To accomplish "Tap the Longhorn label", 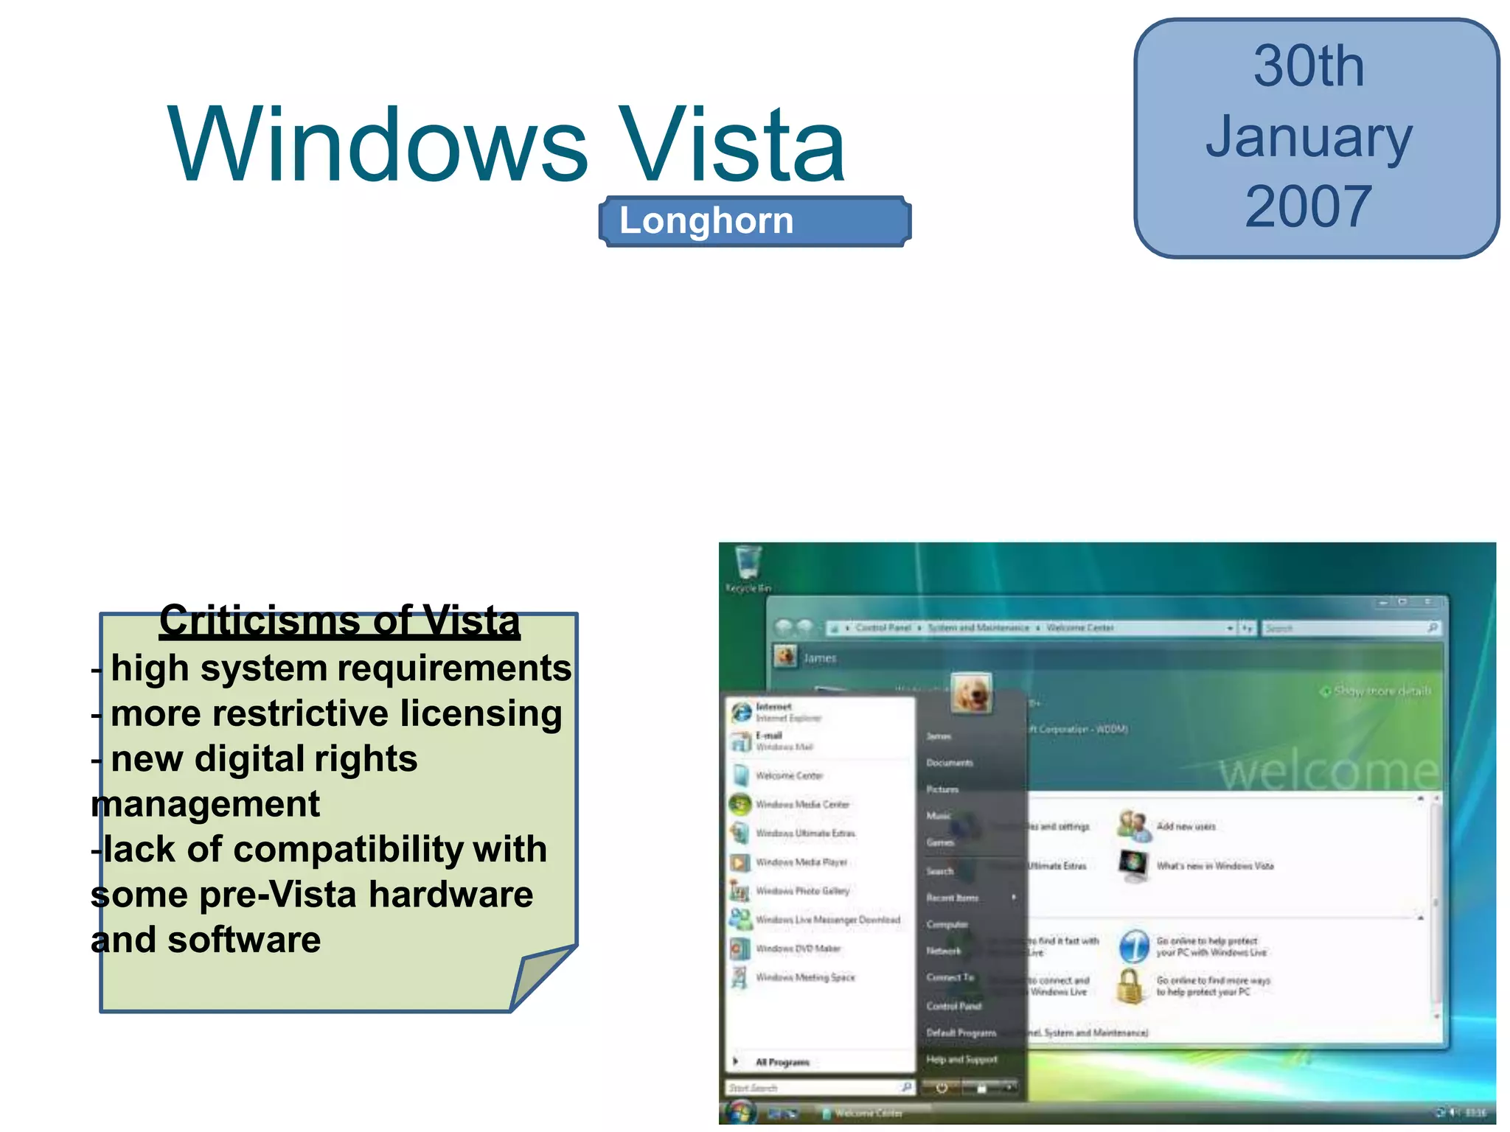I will tap(706, 221).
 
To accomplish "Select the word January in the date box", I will tap(1309, 137).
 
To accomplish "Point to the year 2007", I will tap(1309, 207).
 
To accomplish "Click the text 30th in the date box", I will tap(1309, 67).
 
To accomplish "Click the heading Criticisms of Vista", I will tap(340, 621).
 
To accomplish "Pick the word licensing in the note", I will tap(481, 713).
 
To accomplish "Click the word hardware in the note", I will tap(450, 895).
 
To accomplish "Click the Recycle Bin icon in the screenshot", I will tap(748, 565).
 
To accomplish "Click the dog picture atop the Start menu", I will tap(971, 693).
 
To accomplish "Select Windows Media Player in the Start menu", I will tap(801, 862).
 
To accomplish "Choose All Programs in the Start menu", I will tap(782, 1062).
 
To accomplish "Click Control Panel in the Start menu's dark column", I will tap(953, 1006).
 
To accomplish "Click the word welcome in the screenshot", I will tap(1327, 772).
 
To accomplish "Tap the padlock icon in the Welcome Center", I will tap(1130, 986).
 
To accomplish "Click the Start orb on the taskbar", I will tap(740, 1111).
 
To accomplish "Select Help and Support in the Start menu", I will tap(961, 1060).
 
